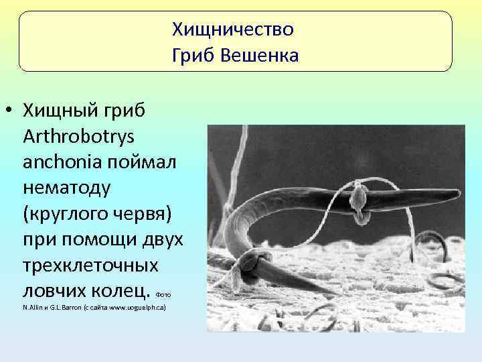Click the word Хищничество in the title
(x=232, y=29)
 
